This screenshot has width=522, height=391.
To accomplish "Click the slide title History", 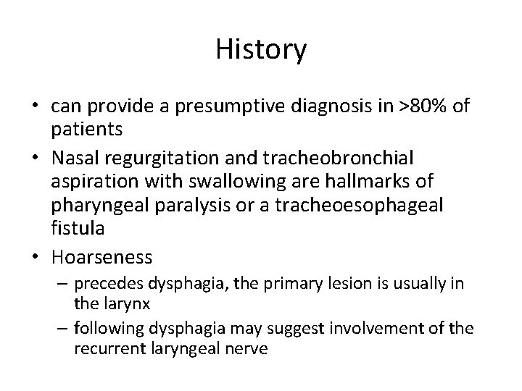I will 261,50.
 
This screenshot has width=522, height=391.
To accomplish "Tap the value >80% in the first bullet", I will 425,106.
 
